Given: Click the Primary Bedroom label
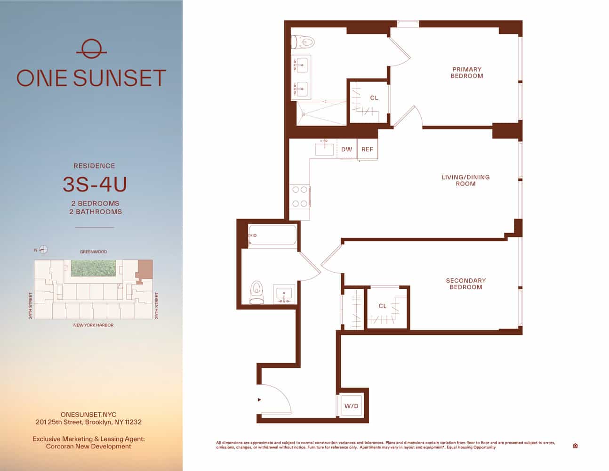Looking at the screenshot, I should click(466, 73).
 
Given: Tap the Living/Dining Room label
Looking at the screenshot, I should click(465, 180).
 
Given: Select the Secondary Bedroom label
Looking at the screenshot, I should click(465, 284).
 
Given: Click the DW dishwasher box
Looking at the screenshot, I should click(346, 149).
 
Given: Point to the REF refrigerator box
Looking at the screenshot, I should click(367, 149).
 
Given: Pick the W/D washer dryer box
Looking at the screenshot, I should click(351, 406).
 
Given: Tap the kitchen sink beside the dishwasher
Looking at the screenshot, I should click(325, 149).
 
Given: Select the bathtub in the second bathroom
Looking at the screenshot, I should click(272, 235).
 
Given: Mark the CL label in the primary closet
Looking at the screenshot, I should click(374, 98).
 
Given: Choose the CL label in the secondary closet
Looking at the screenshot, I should click(383, 306).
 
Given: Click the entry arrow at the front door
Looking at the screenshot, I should click(259, 400).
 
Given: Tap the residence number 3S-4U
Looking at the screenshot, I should click(95, 185).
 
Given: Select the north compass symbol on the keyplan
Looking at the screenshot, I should click(43, 250).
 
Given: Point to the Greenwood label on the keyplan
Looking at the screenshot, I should click(93, 252).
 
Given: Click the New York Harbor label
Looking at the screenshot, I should click(93, 325).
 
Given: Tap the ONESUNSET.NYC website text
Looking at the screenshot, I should click(88, 414).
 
